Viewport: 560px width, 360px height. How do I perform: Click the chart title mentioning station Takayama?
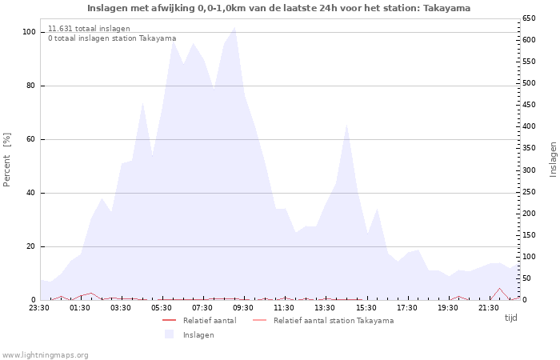click(278, 8)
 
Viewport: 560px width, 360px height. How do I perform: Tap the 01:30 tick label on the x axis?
click(80, 307)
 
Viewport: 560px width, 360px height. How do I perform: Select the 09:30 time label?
click(243, 307)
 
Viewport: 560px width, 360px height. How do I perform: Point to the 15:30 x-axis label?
click(366, 307)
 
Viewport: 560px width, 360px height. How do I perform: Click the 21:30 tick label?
click(488, 307)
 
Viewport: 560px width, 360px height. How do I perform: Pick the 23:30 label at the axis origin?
click(39, 307)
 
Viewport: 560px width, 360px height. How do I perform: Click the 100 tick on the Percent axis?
click(29, 32)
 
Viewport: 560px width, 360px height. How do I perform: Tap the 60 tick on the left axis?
click(30, 139)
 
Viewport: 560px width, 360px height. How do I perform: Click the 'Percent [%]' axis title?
click(8, 160)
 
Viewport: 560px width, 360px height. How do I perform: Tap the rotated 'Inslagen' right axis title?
click(553, 159)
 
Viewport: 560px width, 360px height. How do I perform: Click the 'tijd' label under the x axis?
click(510, 318)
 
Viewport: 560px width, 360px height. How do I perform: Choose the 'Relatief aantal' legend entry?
click(209, 321)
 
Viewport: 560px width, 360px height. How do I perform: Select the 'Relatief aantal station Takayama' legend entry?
click(333, 321)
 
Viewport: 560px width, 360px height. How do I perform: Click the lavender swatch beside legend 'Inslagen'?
click(169, 334)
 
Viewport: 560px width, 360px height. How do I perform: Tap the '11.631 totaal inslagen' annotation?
click(89, 29)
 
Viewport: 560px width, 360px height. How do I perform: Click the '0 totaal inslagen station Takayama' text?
click(112, 38)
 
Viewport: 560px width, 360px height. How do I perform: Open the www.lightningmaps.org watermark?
click(45, 354)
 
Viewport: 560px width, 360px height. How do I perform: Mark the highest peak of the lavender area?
click(234, 28)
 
